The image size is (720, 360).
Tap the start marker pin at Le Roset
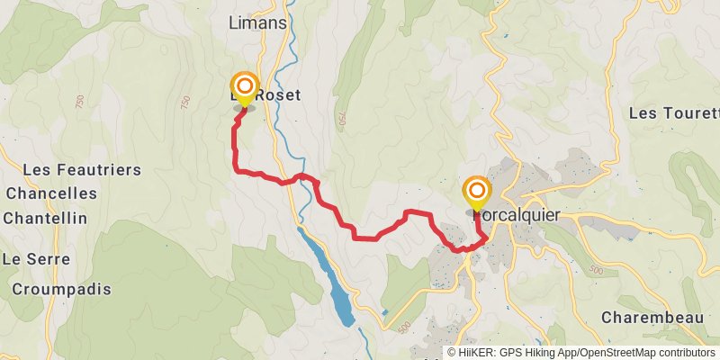244,88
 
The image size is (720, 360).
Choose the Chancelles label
51,193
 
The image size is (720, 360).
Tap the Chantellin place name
45,218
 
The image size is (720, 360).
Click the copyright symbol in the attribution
453,352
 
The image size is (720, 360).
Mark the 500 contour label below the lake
404,327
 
